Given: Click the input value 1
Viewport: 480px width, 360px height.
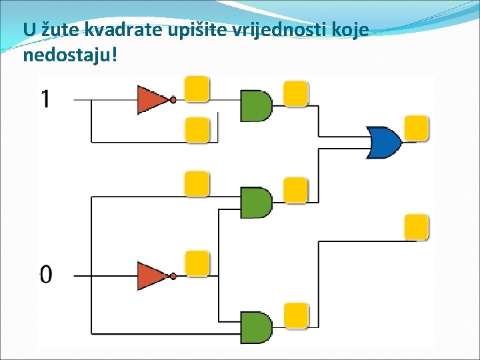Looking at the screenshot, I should [45, 99].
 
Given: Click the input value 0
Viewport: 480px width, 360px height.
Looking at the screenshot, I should [45, 273].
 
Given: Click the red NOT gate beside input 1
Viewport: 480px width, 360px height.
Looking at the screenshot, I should [153, 99].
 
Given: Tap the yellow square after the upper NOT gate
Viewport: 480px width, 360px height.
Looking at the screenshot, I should [197, 89].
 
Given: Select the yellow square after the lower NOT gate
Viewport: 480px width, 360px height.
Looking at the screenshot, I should [197, 263].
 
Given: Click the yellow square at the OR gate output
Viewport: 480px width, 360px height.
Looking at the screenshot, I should [417, 128].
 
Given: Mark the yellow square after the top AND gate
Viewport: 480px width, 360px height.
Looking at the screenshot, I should [296, 93].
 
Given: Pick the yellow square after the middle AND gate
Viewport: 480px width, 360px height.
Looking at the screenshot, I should [296, 190].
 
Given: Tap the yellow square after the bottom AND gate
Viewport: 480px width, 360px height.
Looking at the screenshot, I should [296, 315].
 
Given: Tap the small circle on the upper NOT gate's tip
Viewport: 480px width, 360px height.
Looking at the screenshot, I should [173, 100].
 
